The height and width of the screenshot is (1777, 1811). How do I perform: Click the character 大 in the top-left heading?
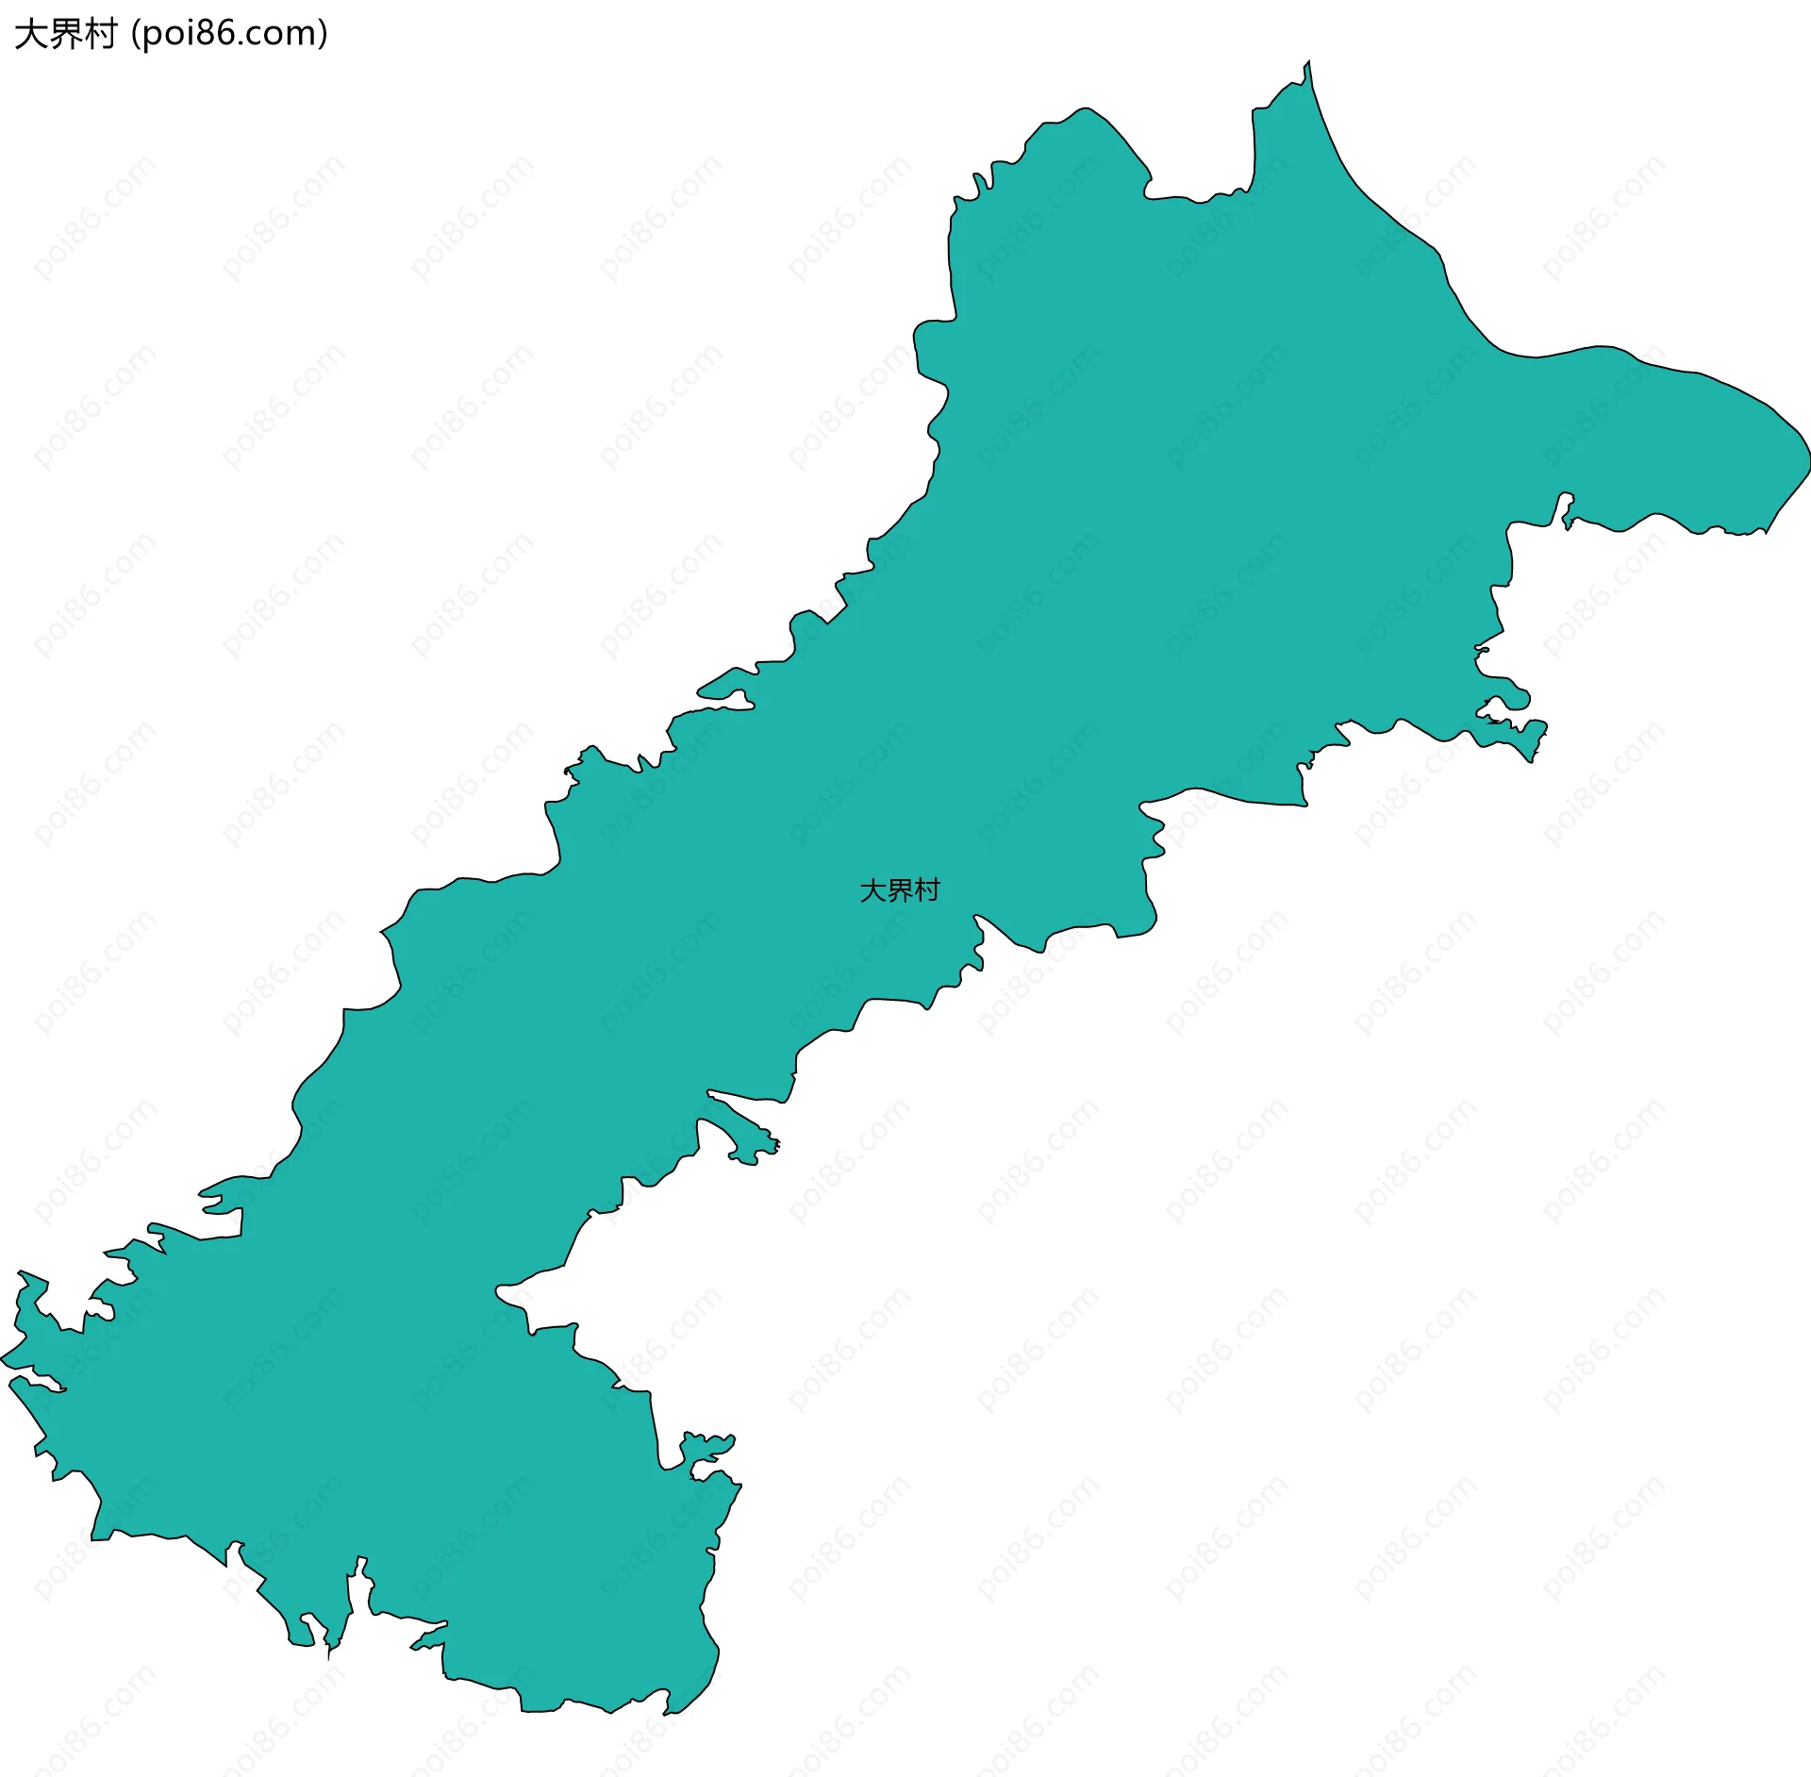point(29,35)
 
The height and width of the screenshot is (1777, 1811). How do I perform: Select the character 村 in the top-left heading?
point(100,35)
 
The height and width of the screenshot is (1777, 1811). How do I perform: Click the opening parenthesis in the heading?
point(136,35)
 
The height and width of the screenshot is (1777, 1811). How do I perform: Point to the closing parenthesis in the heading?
point(323,35)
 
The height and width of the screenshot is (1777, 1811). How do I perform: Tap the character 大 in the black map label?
point(872,890)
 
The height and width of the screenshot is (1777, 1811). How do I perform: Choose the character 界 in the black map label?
point(900,890)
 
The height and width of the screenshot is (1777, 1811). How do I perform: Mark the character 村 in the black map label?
point(927,890)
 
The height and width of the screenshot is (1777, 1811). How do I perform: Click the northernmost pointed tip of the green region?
point(1307,63)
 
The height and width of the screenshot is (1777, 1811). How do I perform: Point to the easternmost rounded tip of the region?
point(1806,462)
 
